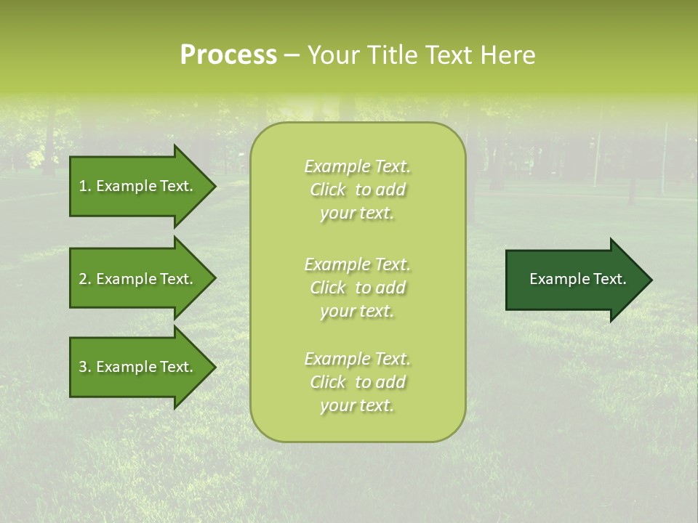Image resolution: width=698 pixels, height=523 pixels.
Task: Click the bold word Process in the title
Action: click(228, 55)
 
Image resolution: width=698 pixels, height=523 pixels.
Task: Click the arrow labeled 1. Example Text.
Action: click(138, 186)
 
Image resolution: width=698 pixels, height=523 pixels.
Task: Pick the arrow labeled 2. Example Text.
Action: click(138, 279)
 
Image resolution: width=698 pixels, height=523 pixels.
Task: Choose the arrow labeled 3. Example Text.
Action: click(138, 367)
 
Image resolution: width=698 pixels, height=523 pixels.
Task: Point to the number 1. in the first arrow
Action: click(85, 186)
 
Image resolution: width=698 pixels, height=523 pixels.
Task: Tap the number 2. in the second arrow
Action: click(85, 279)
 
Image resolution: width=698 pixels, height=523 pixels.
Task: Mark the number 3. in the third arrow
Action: click(85, 367)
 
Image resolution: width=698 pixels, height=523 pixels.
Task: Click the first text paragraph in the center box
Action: click(357, 190)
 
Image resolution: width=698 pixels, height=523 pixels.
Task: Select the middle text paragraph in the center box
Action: click(357, 288)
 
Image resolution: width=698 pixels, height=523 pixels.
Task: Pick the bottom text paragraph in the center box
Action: click(357, 382)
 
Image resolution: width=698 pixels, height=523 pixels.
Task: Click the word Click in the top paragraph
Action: click(328, 190)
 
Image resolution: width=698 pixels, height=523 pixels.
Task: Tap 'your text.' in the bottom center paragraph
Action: click(357, 405)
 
